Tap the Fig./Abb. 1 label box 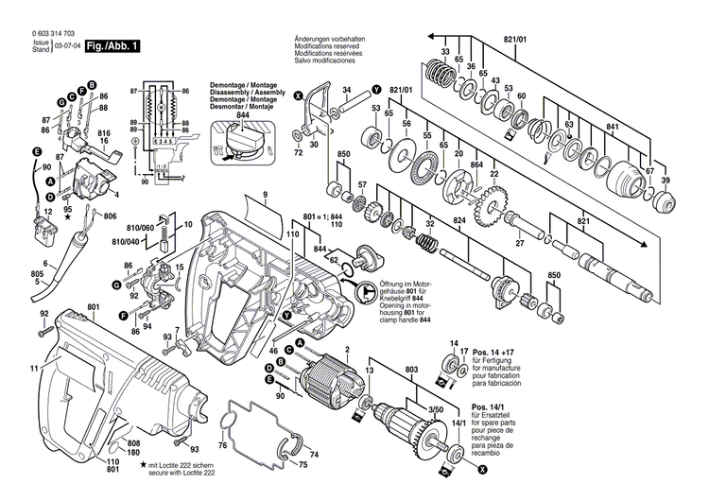point(112,45)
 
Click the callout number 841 point(613,128)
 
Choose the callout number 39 point(665,181)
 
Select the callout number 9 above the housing point(266,194)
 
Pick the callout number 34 point(346,90)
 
